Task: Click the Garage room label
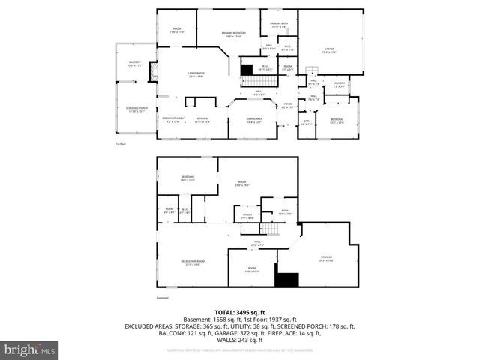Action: [328, 51]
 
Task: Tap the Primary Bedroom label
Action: [233, 35]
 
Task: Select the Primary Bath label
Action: [279, 25]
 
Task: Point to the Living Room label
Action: [197, 73]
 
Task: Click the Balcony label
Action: [135, 64]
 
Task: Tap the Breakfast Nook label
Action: [173, 119]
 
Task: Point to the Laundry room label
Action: [338, 85]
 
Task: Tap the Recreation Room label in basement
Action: [193, 262]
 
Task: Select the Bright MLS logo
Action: [29, 349]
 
